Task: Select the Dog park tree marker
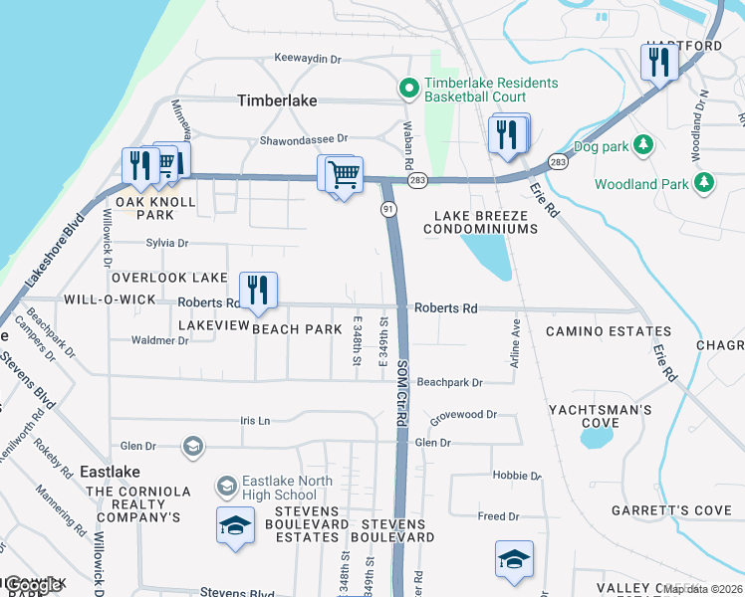tap(643, 145)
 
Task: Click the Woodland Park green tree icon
tap(705, 183)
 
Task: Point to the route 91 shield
tap(389, 209)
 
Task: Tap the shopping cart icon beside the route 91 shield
tap(342, 175)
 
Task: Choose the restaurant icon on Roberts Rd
tap(257, 291)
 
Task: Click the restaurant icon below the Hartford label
tap(658, 63)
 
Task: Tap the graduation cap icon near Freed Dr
tap(514, 559)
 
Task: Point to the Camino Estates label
tap(608, 331)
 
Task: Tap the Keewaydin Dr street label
tap(308, 59)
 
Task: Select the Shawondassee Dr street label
tap(304, 139)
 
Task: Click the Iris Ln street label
tap(255, 421)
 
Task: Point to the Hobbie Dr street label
tap(516, 476)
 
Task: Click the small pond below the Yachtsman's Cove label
tap(598, 435)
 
